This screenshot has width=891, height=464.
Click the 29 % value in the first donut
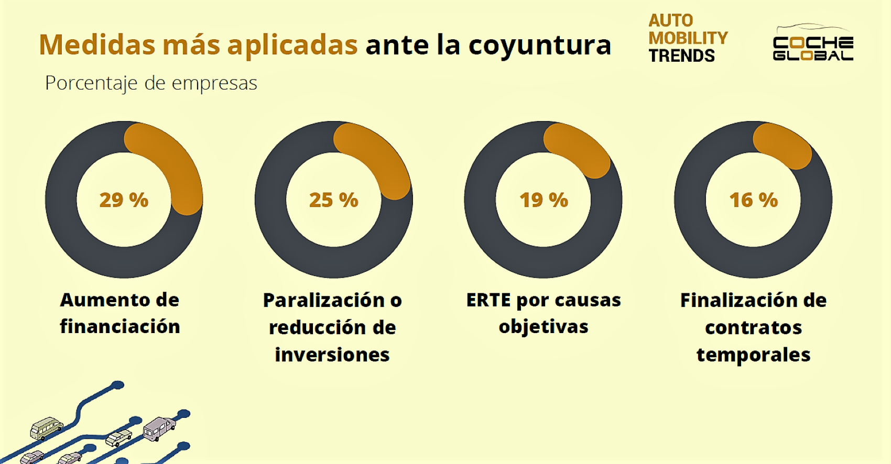pos(124,200)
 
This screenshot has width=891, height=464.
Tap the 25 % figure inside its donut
pos(333,200)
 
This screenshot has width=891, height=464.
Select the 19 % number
pos(544,200)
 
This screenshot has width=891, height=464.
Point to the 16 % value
pos(753,200)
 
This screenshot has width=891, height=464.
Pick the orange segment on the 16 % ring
pos(783,146)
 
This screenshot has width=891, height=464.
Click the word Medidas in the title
pos(97,45)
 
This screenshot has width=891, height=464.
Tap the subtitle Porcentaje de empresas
pos(151,83)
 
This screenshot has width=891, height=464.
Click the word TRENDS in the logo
pos(681,56)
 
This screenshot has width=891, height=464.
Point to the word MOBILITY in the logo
pos(688,38)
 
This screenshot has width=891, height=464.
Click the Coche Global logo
pos(812,44)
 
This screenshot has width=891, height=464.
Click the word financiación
pos(120,327)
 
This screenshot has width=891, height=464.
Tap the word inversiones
pos(332,355)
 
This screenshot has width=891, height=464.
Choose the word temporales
pos(753,355)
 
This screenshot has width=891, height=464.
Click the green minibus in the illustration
pos(46,428)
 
